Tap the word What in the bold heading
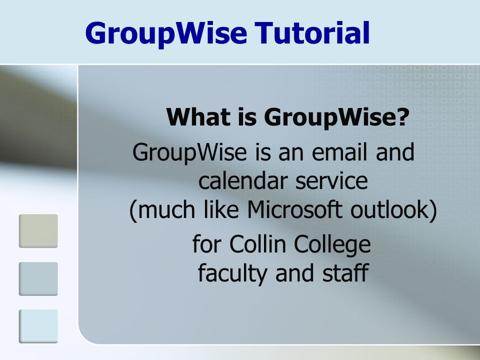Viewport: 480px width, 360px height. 198,116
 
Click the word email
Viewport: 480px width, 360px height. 339,152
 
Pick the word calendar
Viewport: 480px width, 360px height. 242,180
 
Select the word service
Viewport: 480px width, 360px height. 331,181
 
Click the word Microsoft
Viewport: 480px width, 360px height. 294,209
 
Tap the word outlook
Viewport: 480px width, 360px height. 389,209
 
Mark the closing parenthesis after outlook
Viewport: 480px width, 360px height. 433,211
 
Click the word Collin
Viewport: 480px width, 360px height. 257,244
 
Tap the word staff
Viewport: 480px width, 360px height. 345,272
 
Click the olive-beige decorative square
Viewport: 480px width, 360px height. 38,231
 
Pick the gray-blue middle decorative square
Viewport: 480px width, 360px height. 38,279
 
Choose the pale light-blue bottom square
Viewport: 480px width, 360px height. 38,326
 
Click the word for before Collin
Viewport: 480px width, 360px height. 206,244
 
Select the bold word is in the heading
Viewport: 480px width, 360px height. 247,116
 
